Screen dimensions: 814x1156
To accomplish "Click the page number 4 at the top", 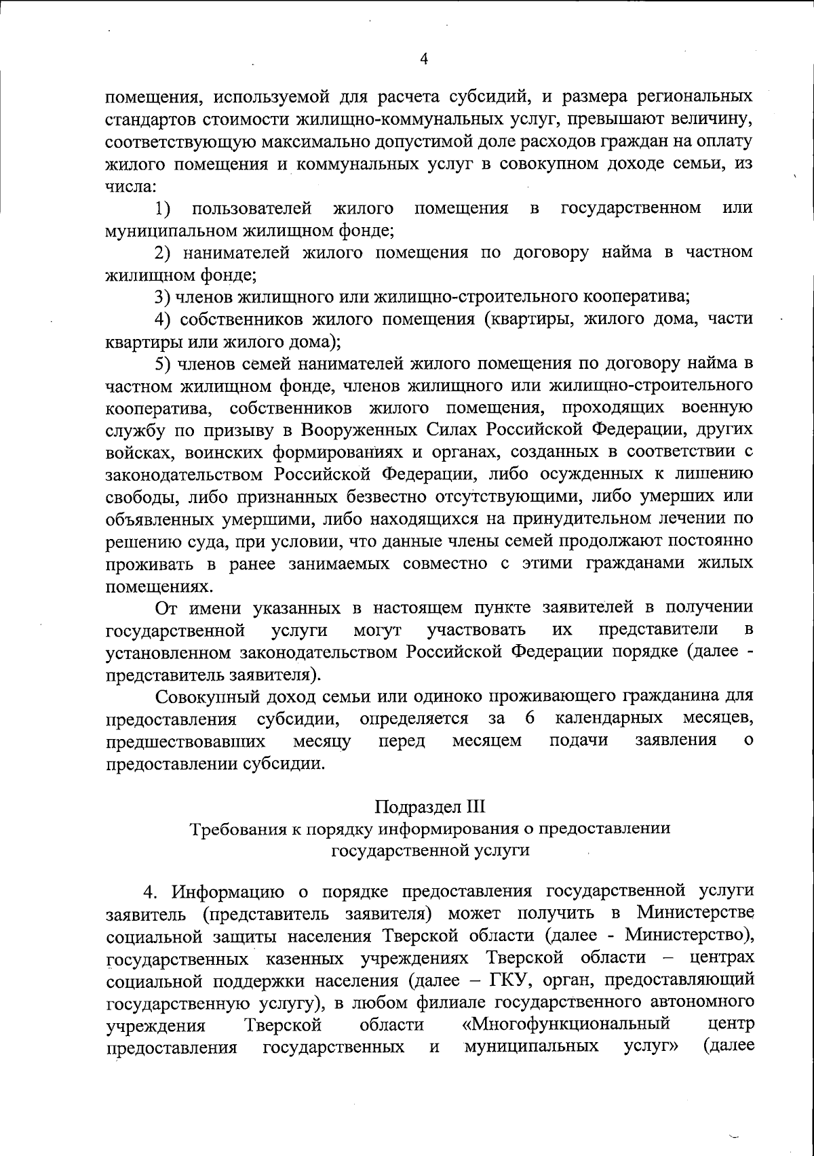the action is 424,59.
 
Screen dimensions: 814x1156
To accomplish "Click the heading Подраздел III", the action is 431,808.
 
